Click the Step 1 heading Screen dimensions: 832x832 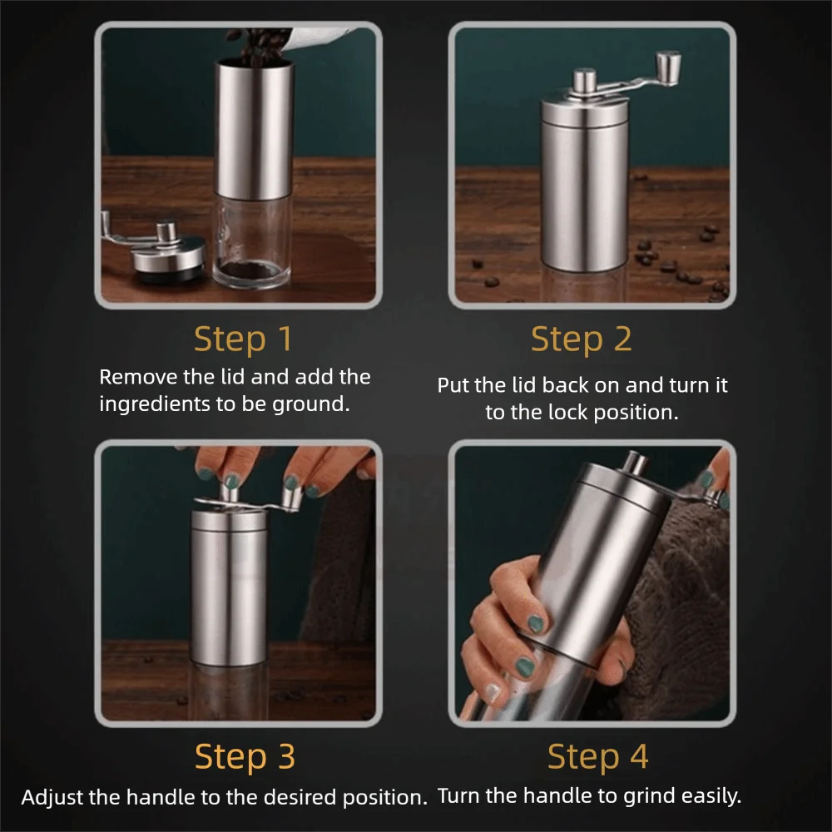click(242, 339)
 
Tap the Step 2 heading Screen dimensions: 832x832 click(581, 339)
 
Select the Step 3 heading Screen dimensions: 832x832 click(245, 756)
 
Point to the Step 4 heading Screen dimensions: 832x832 click(597, 756)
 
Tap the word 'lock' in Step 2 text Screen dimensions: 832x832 click(567, 413)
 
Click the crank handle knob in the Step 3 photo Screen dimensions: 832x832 click(290, 497)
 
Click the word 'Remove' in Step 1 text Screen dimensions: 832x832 click(138, 377)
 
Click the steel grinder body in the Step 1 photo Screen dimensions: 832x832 click(254, 130)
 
